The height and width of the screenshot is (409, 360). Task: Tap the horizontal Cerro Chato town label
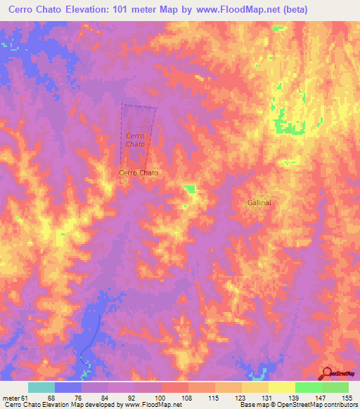[x=139, y=173]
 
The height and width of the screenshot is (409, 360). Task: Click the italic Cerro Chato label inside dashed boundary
[x=135, y=139]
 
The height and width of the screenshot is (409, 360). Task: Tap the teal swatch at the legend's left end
[x=41, y=387]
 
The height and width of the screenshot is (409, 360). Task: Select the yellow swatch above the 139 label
[x=282, y=387]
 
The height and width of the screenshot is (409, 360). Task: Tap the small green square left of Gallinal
[x=189, y=188]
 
